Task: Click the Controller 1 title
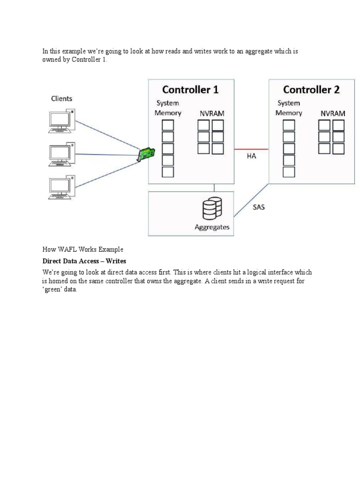[x=190, y=89]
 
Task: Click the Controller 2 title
[x=311, y=89]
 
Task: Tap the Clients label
[x=61, y=99]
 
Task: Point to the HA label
[x=251, y=156]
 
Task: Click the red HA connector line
[x=251, y=149]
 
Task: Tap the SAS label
[x=258, y=207]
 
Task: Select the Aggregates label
[x=212, y=227]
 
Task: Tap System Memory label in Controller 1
[x=168, y=108]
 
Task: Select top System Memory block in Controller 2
[x=289, y=125]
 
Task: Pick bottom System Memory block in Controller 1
[x=168, y=172]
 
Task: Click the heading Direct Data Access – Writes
[x=84, y=261]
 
